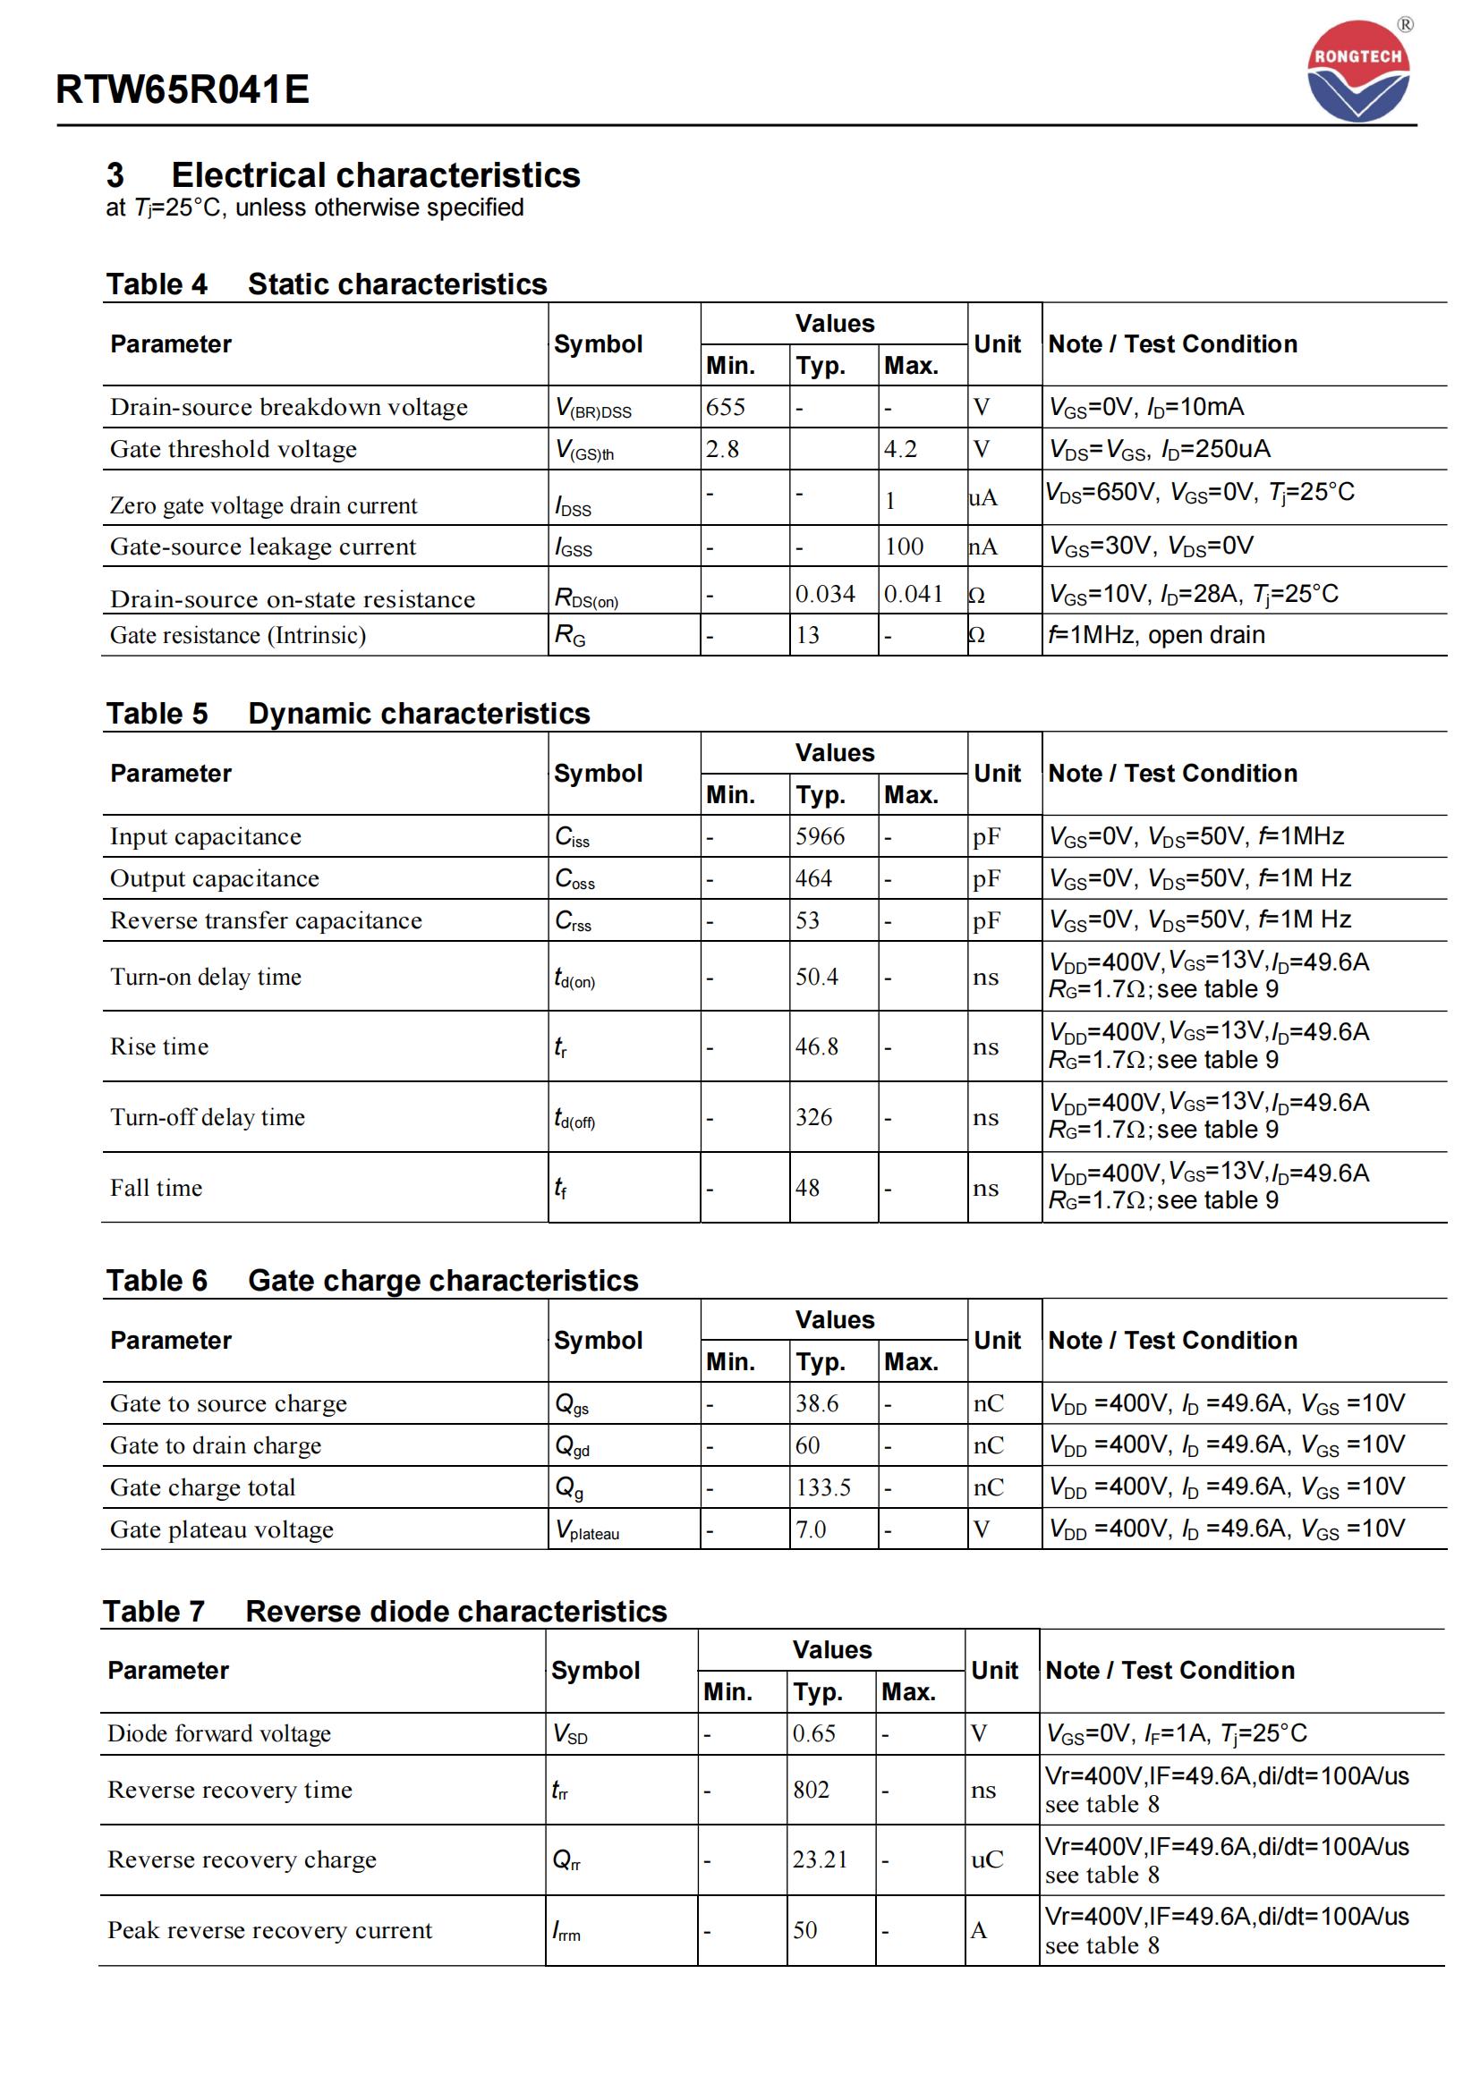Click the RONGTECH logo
(1358, 71)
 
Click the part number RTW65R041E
(183, 89)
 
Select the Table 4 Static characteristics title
(327, 284)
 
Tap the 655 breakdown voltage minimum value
(726, 406)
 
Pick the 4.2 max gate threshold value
(900, 449)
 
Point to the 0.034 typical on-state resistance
(825, 594)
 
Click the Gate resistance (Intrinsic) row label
(238, 635)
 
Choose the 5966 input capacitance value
(820, 836)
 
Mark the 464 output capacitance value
(812, 878)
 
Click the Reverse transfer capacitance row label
(266, 920)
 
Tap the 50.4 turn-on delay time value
(817, 977)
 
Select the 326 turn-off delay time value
(812, 1117)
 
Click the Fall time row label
(156, 1188)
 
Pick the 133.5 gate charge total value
(823, 1487)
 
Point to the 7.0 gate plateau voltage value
(810, 1529)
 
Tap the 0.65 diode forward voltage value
(813, 1733)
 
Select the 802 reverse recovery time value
(810, 1790)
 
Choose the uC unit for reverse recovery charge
(986, 1859)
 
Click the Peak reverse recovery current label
(269, 1930)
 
